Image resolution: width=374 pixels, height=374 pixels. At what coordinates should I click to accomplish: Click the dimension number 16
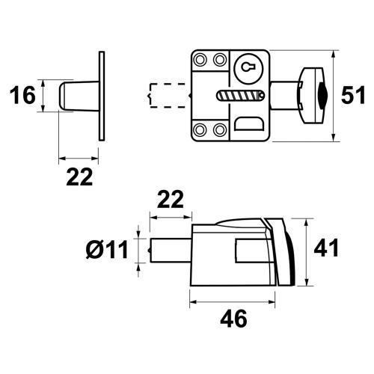(x=25, y=96)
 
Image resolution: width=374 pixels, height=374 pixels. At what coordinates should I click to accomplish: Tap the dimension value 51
(x=352, y=96)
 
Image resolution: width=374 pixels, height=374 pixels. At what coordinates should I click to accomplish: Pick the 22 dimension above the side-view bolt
(x=171, y=200)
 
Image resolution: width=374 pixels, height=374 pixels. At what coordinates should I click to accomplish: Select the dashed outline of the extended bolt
(x=166, y=96)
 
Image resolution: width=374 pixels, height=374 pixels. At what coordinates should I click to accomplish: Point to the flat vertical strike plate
(x=100, y=96)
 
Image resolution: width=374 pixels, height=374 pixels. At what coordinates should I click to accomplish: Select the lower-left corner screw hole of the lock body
(x=201, y=131)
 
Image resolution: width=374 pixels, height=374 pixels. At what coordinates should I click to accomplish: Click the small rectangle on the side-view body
(x=245, y=250)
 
